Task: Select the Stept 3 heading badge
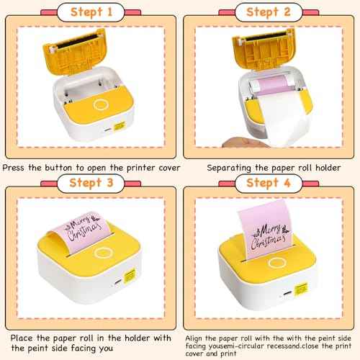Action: [89, 182]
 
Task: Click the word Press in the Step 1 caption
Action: [17, 167]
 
